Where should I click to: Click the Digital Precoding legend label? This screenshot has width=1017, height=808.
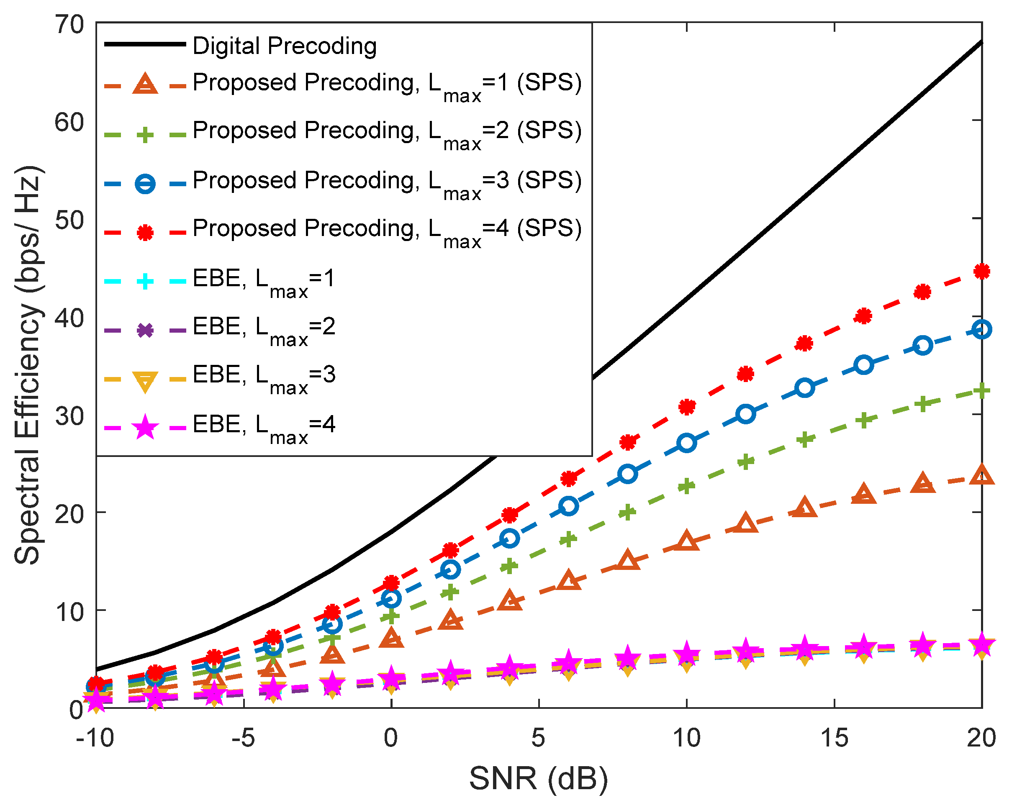pos(285,46)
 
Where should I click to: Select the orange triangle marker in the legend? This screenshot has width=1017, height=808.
pos(145,85)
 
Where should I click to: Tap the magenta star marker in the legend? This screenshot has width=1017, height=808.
pos(145,428)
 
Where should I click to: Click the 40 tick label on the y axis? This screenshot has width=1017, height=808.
pos(69,318)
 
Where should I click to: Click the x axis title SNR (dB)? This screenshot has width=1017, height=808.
pos(538,779)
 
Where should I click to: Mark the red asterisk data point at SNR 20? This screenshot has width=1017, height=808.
pos(981,271)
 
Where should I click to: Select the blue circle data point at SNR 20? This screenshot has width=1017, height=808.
pos(981,329)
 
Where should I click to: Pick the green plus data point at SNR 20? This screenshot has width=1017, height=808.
pos(981,391)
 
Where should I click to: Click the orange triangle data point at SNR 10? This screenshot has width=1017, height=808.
pos(686,541)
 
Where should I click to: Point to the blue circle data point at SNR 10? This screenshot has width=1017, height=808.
pos(686,444)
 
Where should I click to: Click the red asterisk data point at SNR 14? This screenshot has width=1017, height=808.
pos(804,344)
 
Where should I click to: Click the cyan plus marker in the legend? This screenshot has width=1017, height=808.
pos(145,282)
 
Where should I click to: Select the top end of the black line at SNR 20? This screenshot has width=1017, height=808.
pos(981,42)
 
